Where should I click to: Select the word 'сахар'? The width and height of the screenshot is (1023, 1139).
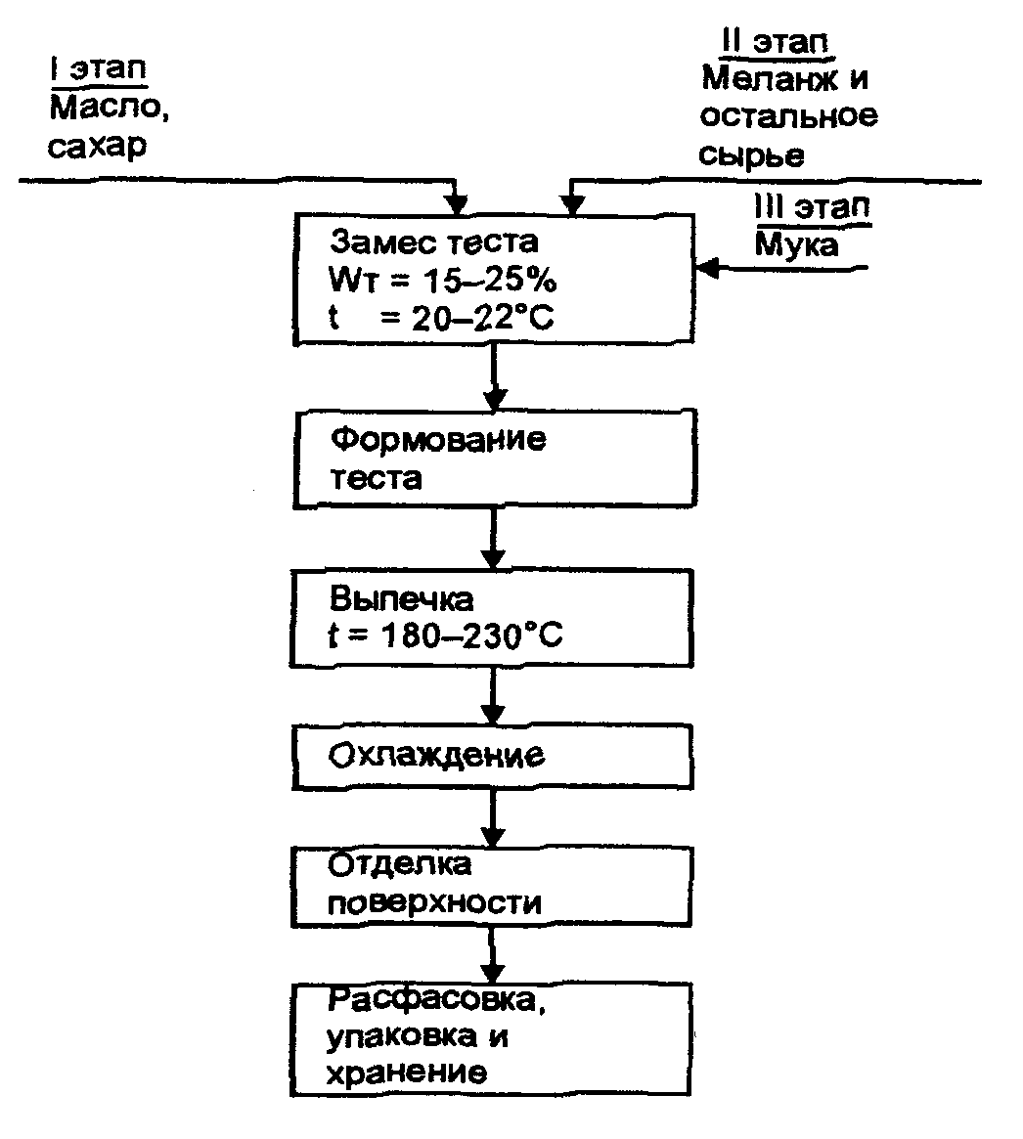(x=97, y=146)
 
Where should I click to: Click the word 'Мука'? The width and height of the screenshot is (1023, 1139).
(x=797, y=243)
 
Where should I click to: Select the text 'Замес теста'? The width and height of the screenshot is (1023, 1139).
(x=433, y=242)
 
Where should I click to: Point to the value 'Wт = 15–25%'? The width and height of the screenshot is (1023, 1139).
(x=443, y=281)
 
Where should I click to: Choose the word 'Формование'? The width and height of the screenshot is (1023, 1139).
(x=436, y=440)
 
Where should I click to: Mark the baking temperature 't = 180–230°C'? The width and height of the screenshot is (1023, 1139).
(x=445, y=635)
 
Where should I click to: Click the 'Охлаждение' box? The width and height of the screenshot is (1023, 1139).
(x=493, y=757)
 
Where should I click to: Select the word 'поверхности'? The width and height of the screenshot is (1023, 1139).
(x=433, y=900)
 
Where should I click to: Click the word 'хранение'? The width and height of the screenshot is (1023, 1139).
(x=405, y=1073)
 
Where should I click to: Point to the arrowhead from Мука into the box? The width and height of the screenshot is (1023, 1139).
(x=706, y=266)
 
